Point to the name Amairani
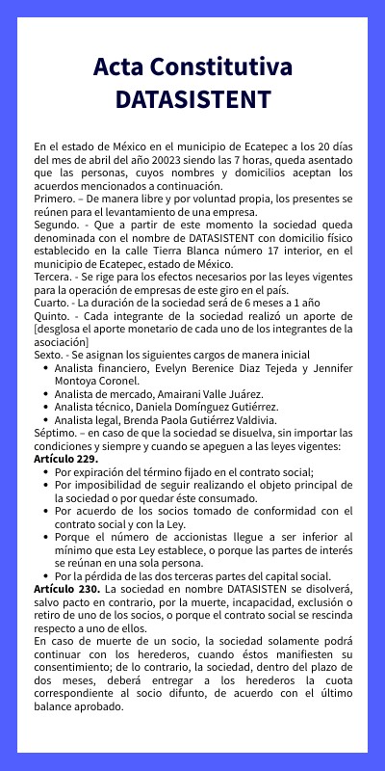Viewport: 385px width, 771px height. tap(176, 394)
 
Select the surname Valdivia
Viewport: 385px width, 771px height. tap(253, 420)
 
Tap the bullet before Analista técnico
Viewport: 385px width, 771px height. tap(45, 408)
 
